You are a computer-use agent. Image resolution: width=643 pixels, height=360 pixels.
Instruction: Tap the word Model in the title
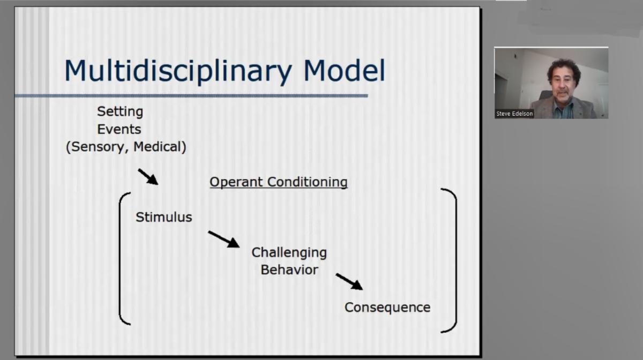(x=344, y=70)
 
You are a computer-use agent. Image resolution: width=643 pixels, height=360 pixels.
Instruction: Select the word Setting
(x=120, y=112)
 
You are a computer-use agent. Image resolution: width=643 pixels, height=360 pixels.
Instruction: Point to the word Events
(x=119, y=129)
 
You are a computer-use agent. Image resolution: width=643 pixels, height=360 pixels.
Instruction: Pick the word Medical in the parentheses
(x=158, y=146)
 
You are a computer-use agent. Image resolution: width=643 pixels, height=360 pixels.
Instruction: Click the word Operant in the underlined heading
(x=236, y=182)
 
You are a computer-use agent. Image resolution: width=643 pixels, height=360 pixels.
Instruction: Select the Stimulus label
(x=164, y=217)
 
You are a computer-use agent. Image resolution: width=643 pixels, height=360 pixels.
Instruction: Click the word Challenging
(x=289, y=253)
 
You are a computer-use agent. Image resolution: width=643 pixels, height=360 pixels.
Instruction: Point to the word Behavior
(x=289, y=270)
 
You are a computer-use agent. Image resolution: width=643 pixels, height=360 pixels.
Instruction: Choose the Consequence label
(x=387, y=307)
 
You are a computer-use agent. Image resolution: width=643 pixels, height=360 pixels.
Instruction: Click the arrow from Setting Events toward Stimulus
(x=148, y=177)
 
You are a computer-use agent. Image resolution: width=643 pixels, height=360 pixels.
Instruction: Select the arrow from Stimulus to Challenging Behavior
(x=224, y=239)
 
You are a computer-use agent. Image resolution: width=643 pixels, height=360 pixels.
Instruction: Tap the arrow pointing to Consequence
(x=349, y=282)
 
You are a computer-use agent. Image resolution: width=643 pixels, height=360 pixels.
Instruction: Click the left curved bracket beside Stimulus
(x=119, y=258)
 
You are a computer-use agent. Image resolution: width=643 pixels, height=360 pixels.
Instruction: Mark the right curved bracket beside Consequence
(x=456, y=260)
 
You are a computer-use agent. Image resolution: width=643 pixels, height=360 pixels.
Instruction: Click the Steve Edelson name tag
(x=514, y=114)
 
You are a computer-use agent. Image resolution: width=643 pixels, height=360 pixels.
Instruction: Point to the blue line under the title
(x=191, y=95)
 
